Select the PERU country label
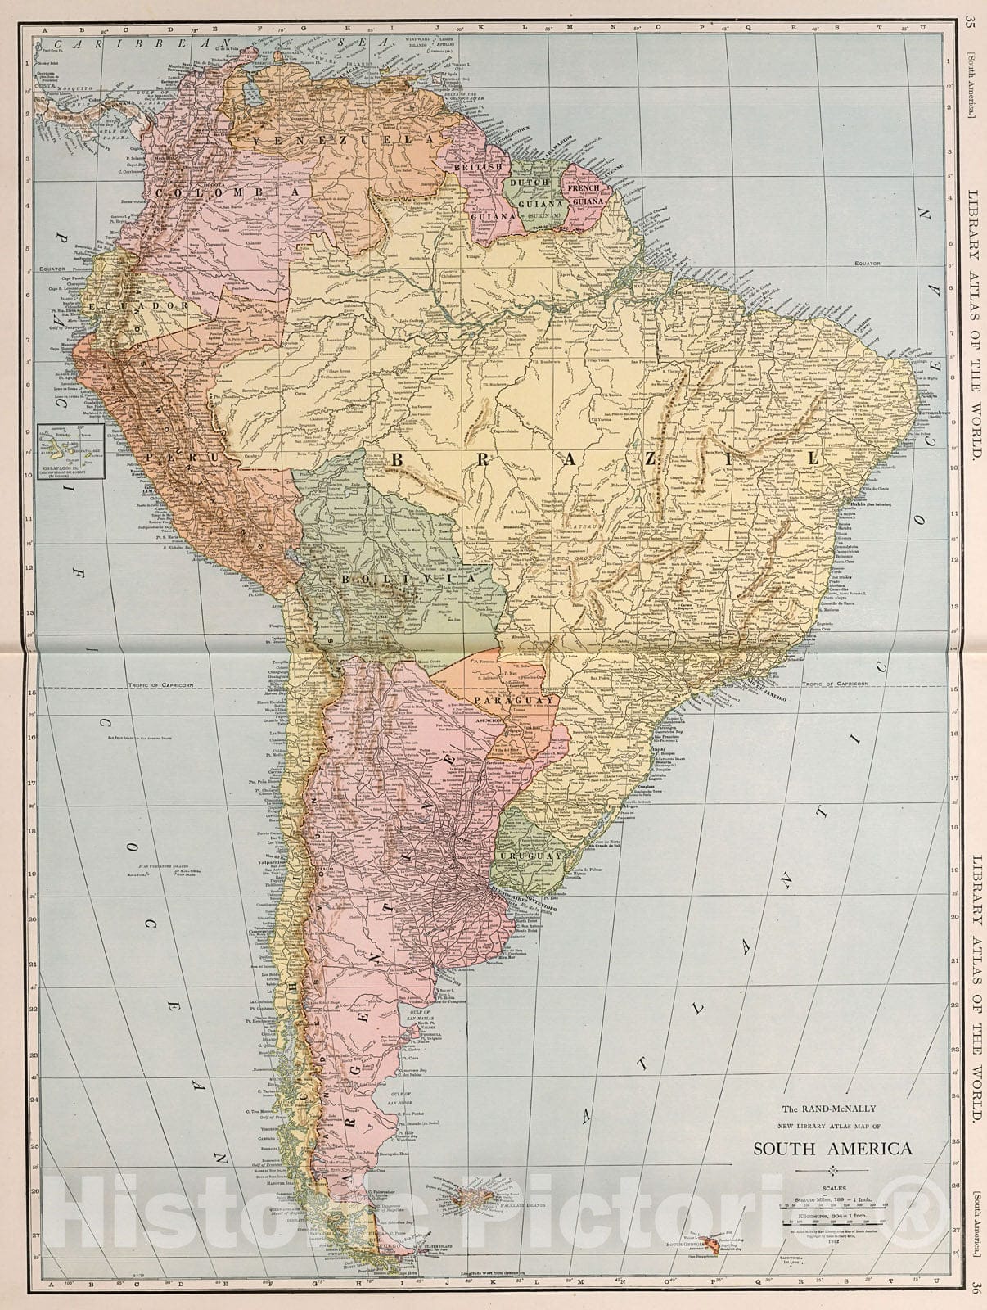[x=182, y=456]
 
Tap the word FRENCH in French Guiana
[x=590, y=187]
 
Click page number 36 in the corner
[x=971, y=1288]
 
